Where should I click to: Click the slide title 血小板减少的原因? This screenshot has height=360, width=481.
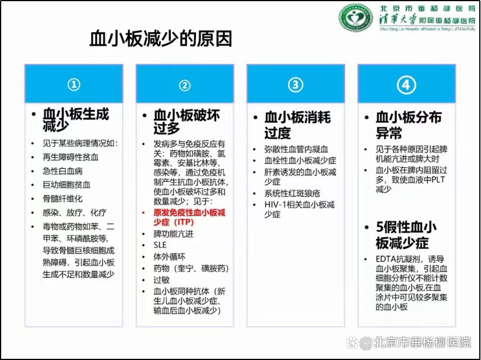[160, 38]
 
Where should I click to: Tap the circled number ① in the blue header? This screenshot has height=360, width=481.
[74, 85]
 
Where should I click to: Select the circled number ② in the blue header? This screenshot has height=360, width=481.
[185, 86]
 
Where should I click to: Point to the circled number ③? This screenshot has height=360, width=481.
[296, 85]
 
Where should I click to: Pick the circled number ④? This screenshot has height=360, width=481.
[406, 85]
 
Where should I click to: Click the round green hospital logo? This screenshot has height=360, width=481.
[356, 17]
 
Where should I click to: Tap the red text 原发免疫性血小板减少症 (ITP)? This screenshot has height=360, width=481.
[189, 217]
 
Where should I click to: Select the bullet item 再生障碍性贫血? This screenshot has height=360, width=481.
[71, 157]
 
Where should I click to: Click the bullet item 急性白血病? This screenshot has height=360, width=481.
[62, 171]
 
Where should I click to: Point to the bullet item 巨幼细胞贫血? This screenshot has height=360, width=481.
[66, 185]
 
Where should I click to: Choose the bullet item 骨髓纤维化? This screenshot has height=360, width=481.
[62, 199]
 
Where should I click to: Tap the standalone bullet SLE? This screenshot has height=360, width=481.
[160, 245]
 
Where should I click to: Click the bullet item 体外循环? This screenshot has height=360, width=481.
[169, 257]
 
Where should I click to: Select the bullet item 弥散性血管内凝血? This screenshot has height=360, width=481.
[296, 149]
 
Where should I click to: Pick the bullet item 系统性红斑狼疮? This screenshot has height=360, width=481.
[292, 193]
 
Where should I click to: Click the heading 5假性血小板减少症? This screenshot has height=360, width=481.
[406, 235]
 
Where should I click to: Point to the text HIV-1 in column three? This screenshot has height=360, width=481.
[275, 204]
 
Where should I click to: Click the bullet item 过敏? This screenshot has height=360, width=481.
[161, 280]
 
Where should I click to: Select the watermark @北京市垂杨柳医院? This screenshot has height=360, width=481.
[415, 342]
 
